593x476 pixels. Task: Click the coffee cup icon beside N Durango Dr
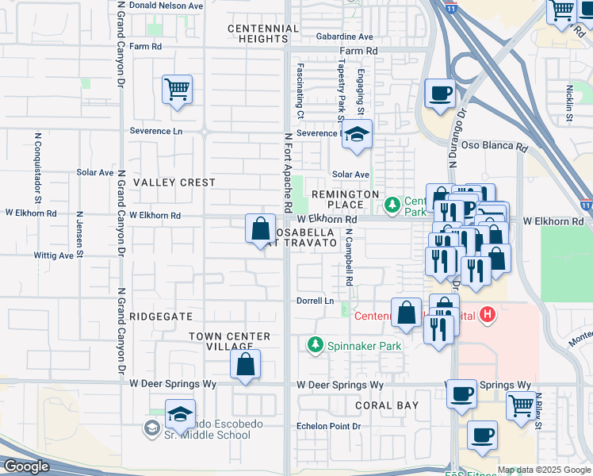(x=440, y=94)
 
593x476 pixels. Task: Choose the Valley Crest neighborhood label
(x=174, y=182)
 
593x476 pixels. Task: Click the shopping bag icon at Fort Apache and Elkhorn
(x=260, y=229)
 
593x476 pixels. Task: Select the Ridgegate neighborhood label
(x=162, y=316)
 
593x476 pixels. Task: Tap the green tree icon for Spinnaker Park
(x=316, y=345)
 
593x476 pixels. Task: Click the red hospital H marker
(x=488, y=316)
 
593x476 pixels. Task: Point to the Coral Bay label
(x=386, y=405)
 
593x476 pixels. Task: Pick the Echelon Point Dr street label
(x=328, y=426)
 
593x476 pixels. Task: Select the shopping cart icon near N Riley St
(x=521, y=405)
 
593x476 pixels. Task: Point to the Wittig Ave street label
(x=53, y=255)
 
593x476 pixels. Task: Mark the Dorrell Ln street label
(x=315, y=301)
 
